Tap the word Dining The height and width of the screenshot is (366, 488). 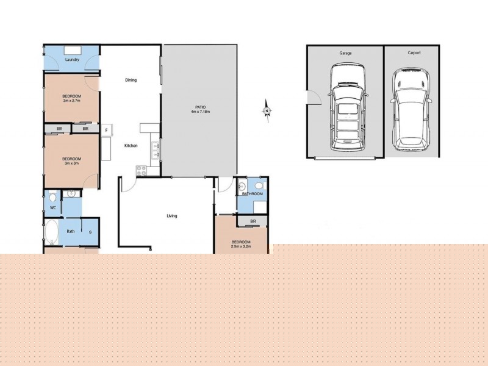click(131, 80)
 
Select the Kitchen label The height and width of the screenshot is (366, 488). click(131, 146)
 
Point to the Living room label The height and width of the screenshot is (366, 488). click(172, 216)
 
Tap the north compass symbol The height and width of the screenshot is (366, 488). click(267, 110)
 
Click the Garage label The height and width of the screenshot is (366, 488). click(345, 53)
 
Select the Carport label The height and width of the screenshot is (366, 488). click(414, 53)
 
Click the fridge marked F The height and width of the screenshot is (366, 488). click(106, 130)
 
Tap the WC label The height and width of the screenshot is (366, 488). click(53, 208)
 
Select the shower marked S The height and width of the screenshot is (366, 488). click(90, 232)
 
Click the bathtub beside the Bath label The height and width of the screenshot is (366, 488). click(51, 232)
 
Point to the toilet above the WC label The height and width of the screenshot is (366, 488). click(52, 197)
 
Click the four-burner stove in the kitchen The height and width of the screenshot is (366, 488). click(142, 170)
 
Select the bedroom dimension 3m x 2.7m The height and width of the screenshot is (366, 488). click(71, 101)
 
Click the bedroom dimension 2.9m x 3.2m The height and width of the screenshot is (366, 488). click(240, 247)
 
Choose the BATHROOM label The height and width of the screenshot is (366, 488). click(252, 194)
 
